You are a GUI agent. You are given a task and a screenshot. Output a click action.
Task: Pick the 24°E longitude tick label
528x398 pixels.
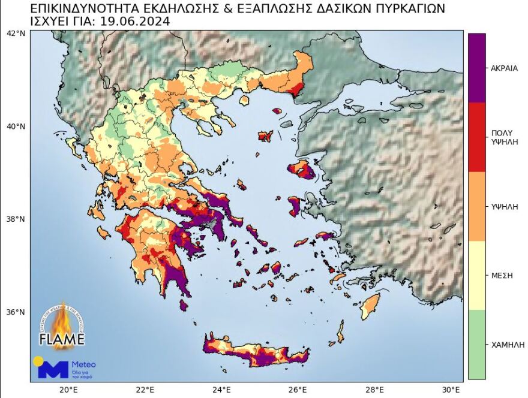tap(222, 389)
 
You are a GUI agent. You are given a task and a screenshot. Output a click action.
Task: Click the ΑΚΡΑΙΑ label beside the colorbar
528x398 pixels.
tap(504, 68)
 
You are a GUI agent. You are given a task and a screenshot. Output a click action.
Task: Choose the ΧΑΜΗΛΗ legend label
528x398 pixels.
tap(505, 345)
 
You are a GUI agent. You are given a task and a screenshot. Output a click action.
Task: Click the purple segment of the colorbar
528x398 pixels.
tap(477, 68)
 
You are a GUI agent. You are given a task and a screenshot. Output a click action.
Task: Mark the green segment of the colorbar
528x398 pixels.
tap(477, 345)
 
